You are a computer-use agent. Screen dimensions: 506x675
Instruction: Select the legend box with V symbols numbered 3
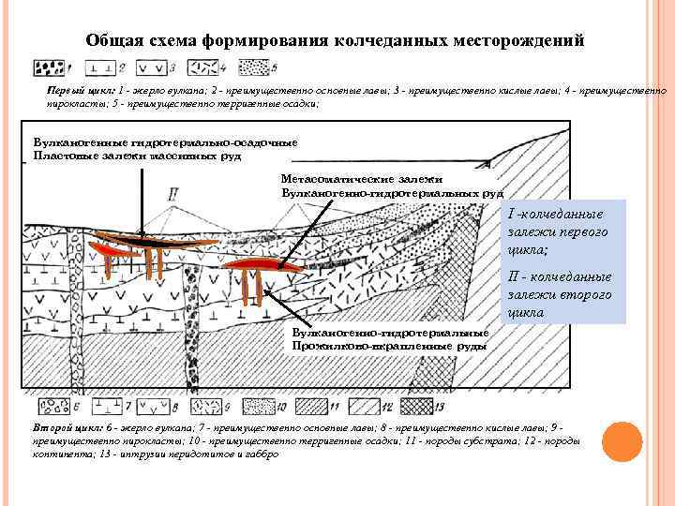(x=151, y=68)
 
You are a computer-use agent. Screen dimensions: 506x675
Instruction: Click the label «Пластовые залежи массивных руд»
(x=138, y=156)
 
